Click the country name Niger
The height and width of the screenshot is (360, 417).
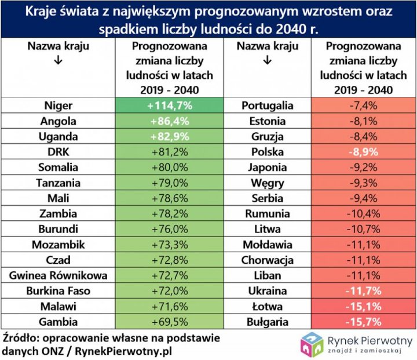(58, 106)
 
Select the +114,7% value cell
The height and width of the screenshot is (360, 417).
(169, 106)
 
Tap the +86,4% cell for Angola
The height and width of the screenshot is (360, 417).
(169, 121)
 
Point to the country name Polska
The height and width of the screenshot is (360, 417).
(264, 152)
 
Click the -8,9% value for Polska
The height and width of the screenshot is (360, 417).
(364, 152)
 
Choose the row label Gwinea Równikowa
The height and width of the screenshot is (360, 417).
(58, 275)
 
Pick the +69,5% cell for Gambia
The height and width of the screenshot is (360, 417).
(169, 321)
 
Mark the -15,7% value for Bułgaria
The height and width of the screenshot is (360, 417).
(364, 321)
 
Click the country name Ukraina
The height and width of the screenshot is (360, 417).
(264, 290)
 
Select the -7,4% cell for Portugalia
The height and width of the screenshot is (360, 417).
(364, 106)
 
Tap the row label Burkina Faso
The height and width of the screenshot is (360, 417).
(58, 290)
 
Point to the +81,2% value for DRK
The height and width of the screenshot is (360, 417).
(169, 152)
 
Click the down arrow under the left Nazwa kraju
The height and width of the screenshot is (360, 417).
(58, 60)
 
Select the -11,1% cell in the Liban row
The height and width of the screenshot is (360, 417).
(364, 275)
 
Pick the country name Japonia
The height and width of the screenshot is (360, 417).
(264, 167)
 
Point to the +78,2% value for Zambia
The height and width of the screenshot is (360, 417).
(169, 213)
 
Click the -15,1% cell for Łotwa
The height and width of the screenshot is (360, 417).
(364, 306)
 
